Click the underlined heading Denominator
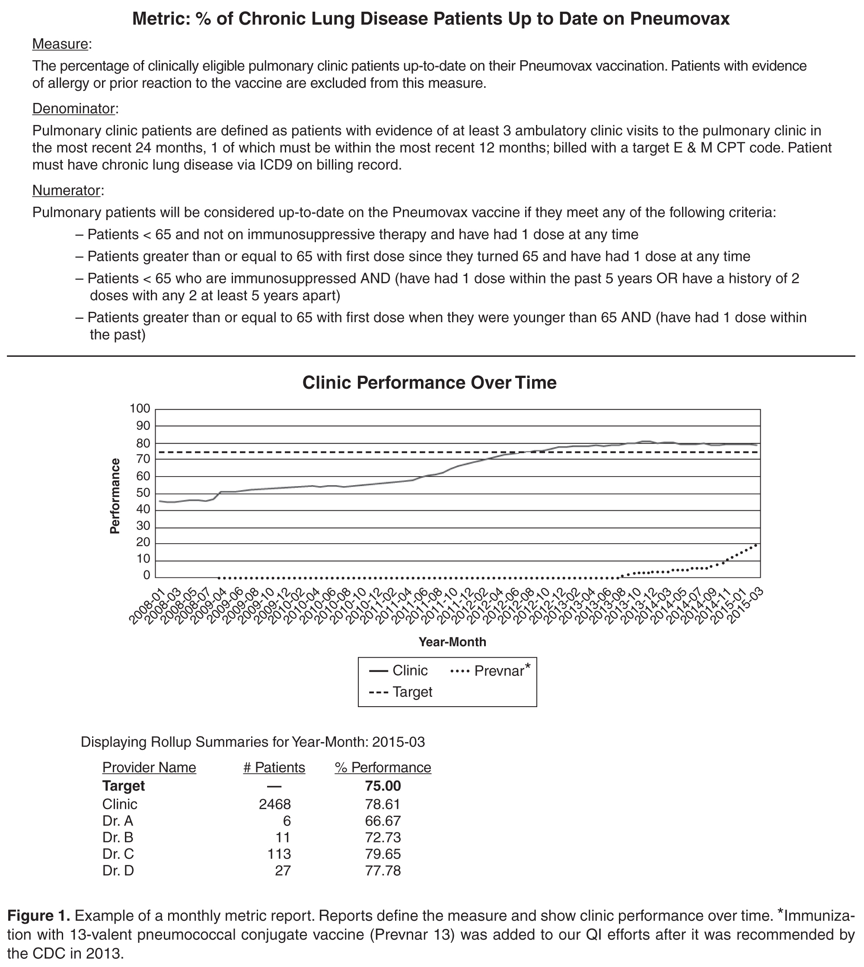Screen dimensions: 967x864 coord(73,109)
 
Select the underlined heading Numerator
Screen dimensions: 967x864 coord(67,190)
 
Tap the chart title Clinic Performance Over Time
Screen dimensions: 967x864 coord(429,383)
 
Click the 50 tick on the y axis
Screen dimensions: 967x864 coord(143,493)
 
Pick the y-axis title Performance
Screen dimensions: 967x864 coord(115,496)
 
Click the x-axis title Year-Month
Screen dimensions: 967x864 coord(452,642)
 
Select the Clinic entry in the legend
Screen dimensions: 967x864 coord(410,671)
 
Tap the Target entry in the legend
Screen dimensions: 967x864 coord(412,692)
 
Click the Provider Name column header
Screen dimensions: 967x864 coord(149,768)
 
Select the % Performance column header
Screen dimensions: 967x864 coord(383,768)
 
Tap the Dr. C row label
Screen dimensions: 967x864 coord(118,854)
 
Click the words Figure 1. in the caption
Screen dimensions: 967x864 coord(38,916)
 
